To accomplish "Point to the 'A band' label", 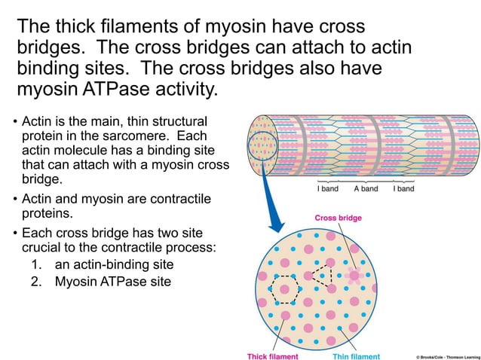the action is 366,188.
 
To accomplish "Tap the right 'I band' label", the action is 403,188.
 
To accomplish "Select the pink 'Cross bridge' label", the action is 338,218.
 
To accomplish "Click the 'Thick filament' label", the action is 273,355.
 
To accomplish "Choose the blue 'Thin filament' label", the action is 356,355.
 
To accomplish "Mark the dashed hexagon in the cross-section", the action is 286,288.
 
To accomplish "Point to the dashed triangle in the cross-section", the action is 323,276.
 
